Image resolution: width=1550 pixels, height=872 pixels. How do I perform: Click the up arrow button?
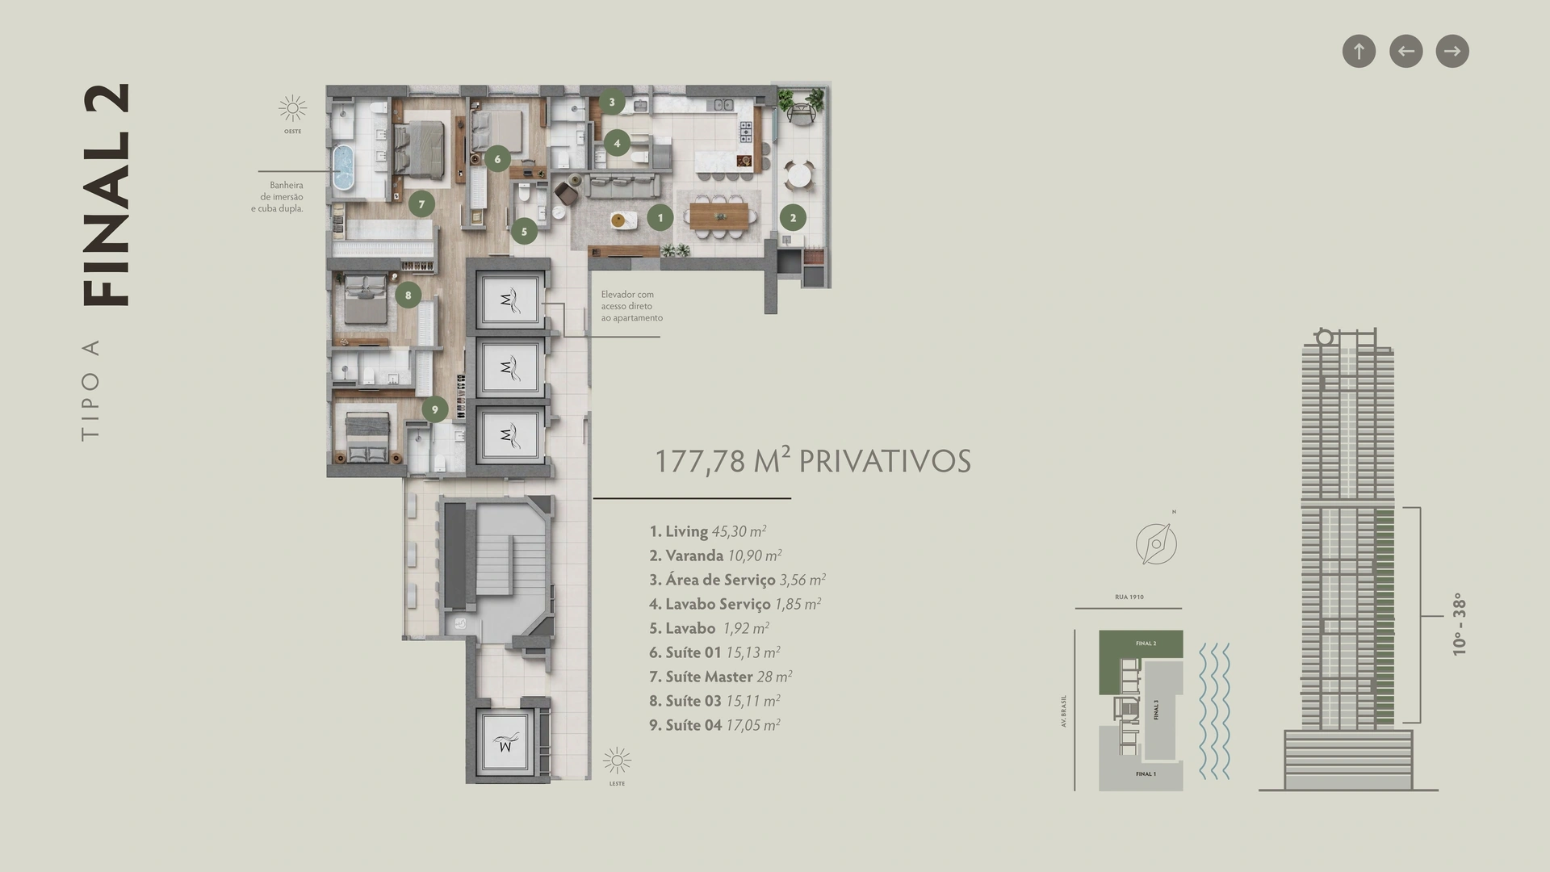(1359, 52)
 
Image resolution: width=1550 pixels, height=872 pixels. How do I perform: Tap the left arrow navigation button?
(1405, 52)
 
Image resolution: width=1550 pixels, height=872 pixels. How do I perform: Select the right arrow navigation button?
(1452, 52)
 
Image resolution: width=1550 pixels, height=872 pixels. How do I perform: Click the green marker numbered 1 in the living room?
(660, 217)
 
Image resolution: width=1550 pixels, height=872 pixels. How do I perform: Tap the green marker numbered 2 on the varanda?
(793, 217)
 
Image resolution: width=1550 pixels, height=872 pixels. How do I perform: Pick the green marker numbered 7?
(421, 204)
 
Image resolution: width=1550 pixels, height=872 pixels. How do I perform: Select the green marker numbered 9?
(435, 409)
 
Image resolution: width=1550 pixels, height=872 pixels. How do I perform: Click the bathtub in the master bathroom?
(345, 168)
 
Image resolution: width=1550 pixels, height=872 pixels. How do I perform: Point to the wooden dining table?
(719, 215)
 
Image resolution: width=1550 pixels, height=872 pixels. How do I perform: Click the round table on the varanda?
(798, 174)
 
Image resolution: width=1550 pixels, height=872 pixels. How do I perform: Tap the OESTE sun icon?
(292, 108)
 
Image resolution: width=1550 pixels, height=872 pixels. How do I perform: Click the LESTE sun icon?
(617, 761)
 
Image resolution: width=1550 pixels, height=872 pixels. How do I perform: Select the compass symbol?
(1156, 543)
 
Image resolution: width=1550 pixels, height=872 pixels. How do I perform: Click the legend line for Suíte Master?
(720, 677)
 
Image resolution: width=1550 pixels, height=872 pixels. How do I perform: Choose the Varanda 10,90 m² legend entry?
(715, 555)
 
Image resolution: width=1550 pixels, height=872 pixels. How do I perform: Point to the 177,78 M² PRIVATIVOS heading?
(812, 460)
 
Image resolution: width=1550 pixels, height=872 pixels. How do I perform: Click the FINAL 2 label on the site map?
(1146, 644)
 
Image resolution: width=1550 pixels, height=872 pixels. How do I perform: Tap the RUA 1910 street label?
(1129, 597)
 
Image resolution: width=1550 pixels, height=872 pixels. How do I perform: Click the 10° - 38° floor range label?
(1458, 624)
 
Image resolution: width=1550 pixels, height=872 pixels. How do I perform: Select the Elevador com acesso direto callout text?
(631, 306)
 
